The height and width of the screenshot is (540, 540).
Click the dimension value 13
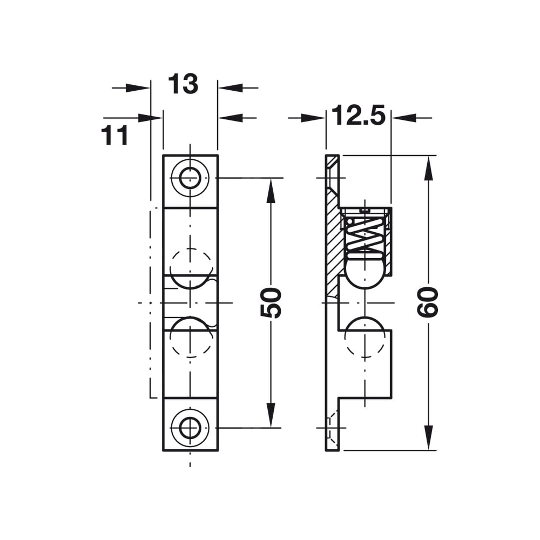(183, 84)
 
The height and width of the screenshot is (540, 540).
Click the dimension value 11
(114, 135)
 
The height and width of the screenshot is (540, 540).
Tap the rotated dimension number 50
(271, 303)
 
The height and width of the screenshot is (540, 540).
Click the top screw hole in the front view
(190, 178)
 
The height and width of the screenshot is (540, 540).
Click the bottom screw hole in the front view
(190, 428)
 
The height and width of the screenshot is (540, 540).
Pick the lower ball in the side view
(364, 336)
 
